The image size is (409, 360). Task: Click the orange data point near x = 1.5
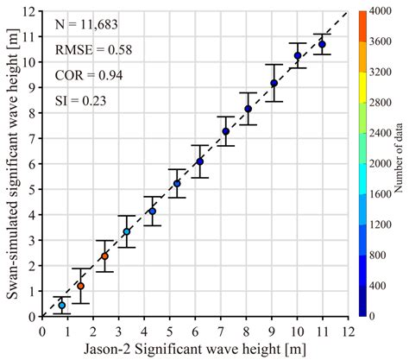point(80,286)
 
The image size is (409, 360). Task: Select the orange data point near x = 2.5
point(104,256)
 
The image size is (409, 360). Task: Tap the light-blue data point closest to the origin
point(61,306)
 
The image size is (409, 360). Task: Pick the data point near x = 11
point(322,45)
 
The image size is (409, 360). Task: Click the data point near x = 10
point(298,56)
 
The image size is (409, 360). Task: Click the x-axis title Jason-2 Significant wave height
point(194,349)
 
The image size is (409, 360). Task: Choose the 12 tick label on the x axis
point(348,329)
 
